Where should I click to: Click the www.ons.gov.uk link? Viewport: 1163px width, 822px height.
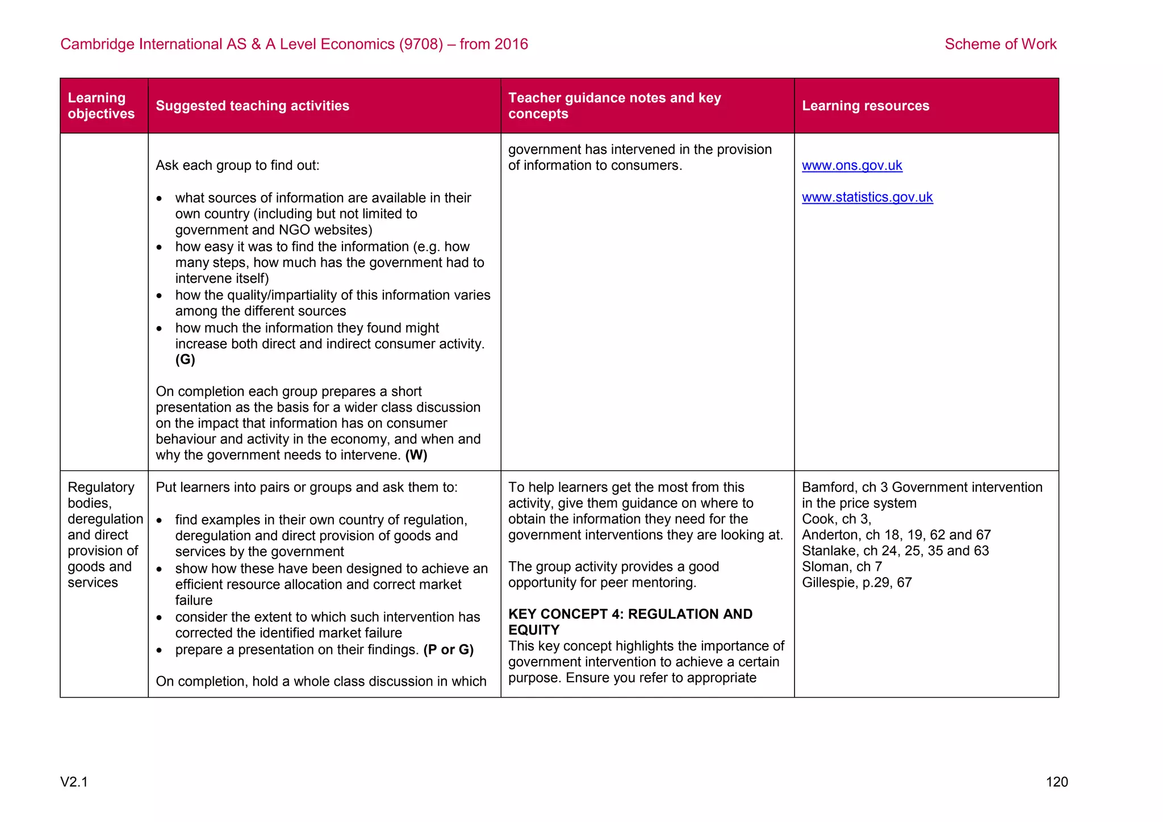852,165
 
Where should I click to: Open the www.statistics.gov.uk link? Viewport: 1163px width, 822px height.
867,197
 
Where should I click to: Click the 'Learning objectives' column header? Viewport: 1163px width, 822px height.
101,106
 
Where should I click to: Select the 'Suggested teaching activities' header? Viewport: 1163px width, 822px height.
252,106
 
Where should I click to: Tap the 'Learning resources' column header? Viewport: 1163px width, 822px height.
865,106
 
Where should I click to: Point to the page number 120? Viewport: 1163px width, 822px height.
1057,782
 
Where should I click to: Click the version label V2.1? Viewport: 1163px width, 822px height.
74,782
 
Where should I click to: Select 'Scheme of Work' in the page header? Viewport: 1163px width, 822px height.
1000,44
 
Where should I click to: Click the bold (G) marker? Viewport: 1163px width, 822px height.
185,360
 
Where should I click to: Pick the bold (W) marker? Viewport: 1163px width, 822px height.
416,455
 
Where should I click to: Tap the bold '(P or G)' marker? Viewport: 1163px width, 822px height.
449,650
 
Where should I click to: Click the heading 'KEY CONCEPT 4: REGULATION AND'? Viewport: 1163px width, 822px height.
630,614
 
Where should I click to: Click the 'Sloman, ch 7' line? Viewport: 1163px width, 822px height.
842,567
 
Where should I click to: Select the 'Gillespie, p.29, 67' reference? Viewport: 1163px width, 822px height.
856,583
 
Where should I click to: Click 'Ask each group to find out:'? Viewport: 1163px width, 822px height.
237,165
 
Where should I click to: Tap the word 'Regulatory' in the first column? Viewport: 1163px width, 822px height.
101,487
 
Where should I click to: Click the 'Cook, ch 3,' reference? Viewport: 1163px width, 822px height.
836,519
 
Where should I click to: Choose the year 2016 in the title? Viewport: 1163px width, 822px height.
511,44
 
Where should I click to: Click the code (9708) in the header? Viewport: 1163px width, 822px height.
421,44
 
